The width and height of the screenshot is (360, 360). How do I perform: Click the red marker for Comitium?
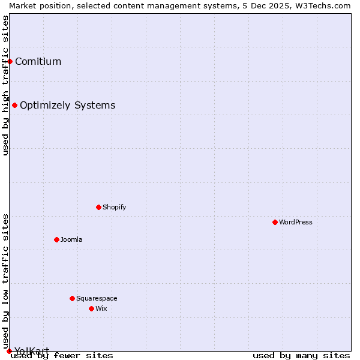tap(10, 61)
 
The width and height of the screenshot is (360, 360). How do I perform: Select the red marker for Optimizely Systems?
tap(15, 106)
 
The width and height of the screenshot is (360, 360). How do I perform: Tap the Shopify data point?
tap(98, 207)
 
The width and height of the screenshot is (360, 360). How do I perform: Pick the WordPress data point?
tap(275, 222)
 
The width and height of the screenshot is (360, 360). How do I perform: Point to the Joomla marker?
tap(56, 239)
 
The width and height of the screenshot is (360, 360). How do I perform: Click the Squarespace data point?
tap(72, 298)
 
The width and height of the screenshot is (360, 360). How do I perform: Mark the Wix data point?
tap(91, 308)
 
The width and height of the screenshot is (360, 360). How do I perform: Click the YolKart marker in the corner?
tap(9, 351)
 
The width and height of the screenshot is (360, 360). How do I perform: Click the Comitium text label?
tap(38, 61)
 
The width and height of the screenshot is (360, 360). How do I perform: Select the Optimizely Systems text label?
tap(67, 106)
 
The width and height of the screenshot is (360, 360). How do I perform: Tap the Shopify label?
tap(114, 207)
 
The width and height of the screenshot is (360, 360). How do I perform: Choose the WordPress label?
tap(296, 222)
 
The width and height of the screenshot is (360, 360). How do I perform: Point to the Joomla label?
tap(71, 239)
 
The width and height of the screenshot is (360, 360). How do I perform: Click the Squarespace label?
tap(97, 298)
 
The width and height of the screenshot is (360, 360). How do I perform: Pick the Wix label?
tap(101, 308)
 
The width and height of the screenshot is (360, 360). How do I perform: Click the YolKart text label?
tap(32, 350)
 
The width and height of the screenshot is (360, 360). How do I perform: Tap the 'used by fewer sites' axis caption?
tap(62, 356)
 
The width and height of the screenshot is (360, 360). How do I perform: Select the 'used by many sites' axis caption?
tap(301, 356)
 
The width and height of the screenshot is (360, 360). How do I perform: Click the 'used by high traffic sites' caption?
tap(5, 85)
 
